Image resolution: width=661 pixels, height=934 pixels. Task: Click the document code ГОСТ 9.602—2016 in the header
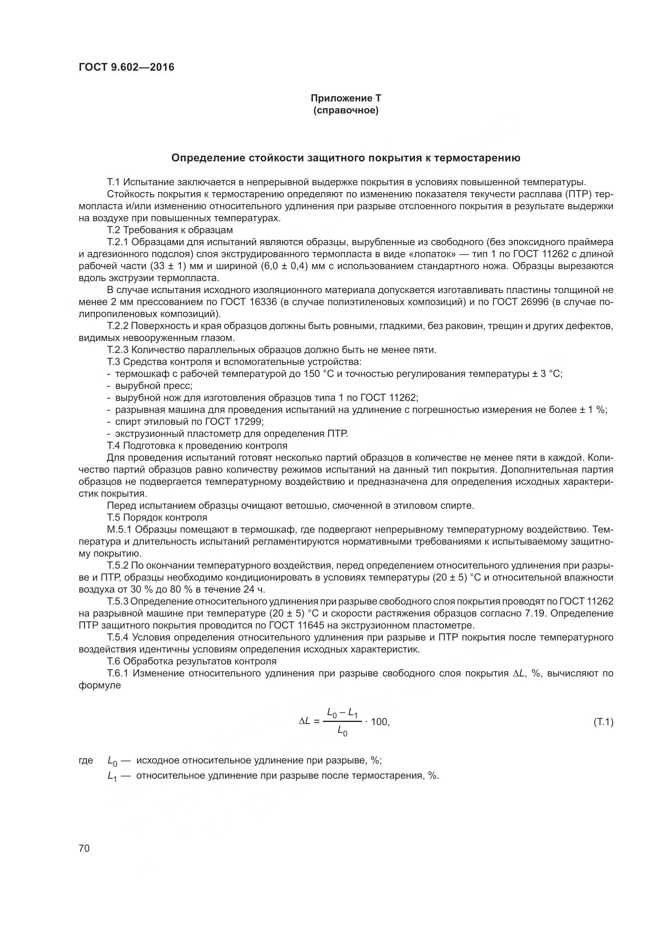coord(126,67)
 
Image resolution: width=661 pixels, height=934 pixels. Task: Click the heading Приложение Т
coord(346,98)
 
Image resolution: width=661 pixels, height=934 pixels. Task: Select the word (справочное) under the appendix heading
coord(346,111)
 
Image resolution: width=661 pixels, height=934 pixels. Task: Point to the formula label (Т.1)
coord(603,722)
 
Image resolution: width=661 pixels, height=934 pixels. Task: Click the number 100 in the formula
coord(380,722)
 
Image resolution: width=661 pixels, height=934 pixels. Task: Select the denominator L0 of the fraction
coord(342,732)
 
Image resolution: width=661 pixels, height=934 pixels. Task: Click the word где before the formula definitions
coord(86,760)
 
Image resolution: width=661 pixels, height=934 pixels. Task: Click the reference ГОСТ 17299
coord(235,421)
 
